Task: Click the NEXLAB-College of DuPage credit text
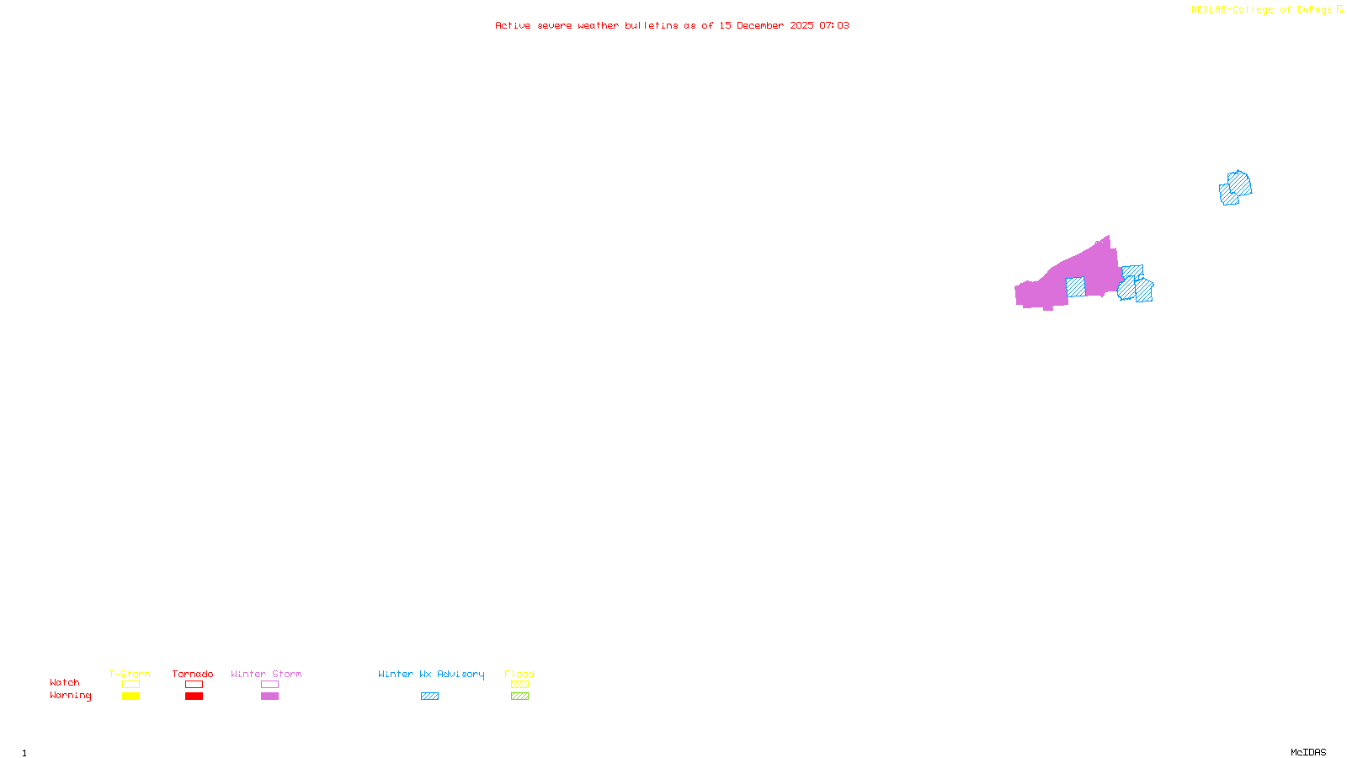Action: point(1262,10)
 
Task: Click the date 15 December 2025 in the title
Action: point(766,26)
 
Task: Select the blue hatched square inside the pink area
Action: point(1076,287)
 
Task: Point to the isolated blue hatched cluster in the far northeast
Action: point(1235,188)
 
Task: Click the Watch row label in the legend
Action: point(65,683)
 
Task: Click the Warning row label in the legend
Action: point(71,696)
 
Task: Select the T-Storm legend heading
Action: point(130,674)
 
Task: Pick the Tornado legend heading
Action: point(193,674)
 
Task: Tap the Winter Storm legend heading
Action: point(266,674)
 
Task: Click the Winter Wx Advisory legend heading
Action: point(431,674)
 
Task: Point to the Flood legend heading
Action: point(519,674)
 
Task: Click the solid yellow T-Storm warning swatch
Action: point(130,697)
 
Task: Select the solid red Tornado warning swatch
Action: point(194,697)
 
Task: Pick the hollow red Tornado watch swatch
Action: point(194,685)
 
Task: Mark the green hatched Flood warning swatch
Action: point(520,697)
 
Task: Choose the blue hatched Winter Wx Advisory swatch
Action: point(430,697)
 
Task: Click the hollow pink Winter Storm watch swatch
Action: point(269,685)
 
